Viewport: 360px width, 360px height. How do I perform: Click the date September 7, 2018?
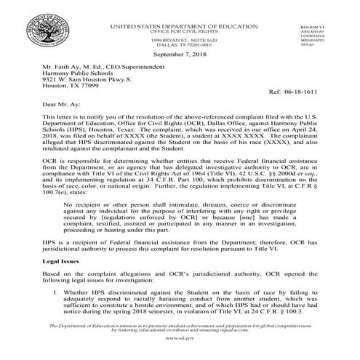pos(180,55)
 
